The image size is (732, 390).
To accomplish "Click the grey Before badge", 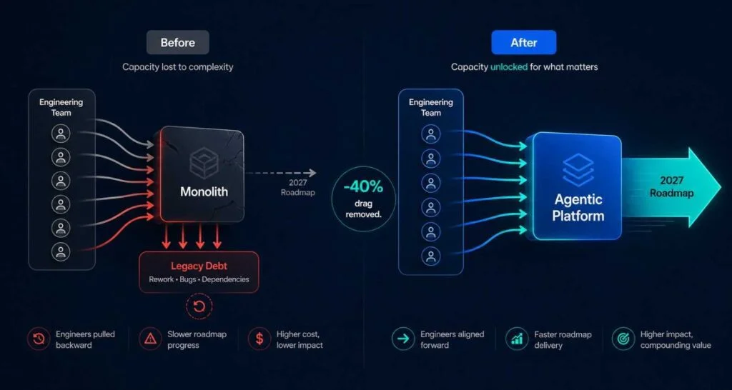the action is (x=178, y=42).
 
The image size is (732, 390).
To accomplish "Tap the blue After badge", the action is (x=524, y=42).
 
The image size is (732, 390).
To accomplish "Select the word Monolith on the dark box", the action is (x=204, y=191).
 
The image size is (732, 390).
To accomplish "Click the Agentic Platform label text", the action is (x=578, y=208).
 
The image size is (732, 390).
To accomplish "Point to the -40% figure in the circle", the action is (x=363, y=188).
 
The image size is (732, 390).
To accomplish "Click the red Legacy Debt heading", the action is (x=199, y=266).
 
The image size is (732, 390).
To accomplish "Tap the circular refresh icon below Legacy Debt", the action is (x=199, y=306).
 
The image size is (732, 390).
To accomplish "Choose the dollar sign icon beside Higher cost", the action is (x=259, y=339).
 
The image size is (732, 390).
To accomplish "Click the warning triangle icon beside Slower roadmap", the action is (x=150, y=339).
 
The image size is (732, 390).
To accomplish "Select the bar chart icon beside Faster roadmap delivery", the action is (x=517, y=339).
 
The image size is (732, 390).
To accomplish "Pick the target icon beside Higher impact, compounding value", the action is (x=623, y=339).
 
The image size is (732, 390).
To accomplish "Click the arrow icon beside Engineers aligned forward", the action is (x=403, y=339).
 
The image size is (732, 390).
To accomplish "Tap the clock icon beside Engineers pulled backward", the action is (x=39, y=339).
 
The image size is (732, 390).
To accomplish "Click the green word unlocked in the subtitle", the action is (x=509, y=67).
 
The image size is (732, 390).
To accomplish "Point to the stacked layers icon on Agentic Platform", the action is (x=578, y=170).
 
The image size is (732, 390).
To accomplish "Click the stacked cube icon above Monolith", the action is (x=204, y=162).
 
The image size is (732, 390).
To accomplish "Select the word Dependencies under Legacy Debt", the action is (x=225, y=279).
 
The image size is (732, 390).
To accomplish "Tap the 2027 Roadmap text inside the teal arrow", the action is (x=671, y=186).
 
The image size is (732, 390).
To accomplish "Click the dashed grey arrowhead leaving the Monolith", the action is (x=312, y=173).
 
